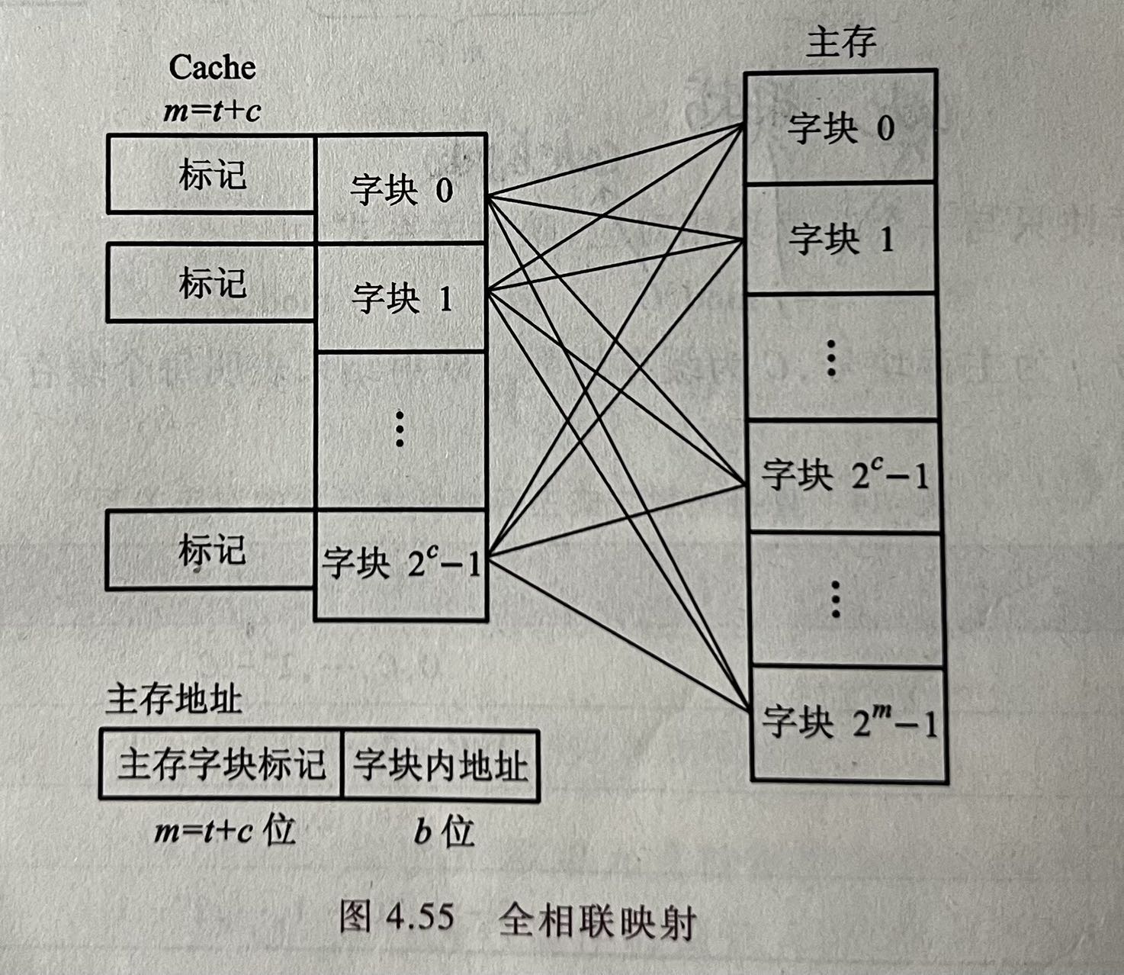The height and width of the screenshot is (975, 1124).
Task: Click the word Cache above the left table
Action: [x=212, y=67]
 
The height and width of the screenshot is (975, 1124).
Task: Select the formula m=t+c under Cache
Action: [x=212, y=111]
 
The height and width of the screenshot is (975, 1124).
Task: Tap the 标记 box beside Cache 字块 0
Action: [x=211, y=174]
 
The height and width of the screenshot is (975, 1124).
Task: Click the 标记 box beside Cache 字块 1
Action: [x=211, y=282]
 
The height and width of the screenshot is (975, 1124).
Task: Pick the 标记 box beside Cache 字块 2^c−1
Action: [x=211, y=549]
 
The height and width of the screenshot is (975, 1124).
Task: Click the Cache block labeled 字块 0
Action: [x=401, y=189]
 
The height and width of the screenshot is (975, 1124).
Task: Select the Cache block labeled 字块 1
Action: [x=401, y=298]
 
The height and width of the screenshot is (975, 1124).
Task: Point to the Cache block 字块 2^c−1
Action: [x=401, y=565]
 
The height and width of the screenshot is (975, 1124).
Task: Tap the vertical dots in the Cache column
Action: [x=399, y=429]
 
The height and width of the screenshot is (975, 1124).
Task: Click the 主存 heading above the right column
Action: [x=840, y=42]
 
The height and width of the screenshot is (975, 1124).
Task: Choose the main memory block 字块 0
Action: [x=840, y=127]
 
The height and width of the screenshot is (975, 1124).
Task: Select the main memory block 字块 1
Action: [x=840, y=239]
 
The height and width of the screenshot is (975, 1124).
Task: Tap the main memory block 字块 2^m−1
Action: [x=848, y=722]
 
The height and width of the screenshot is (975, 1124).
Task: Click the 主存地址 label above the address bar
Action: [x=173, y=699]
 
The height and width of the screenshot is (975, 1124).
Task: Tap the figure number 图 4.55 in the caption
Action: [x=397, y=916]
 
